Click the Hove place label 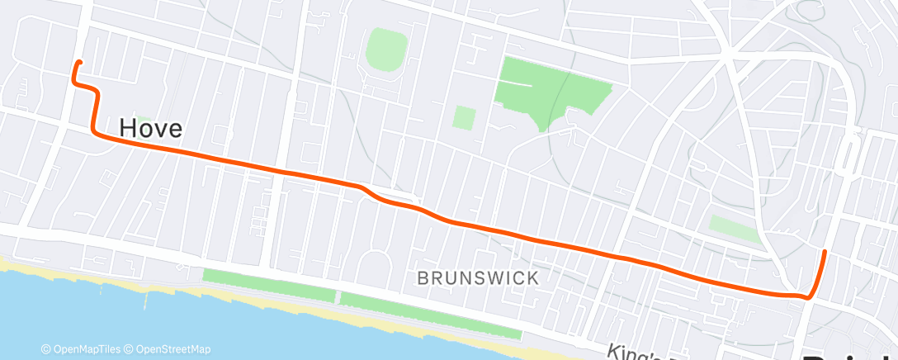[150, 128]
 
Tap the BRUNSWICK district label [478, 278]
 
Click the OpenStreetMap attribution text [168, 349]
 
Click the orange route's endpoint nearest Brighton [825, 250]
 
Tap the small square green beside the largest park [464, 117]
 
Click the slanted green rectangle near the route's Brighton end [734, 229]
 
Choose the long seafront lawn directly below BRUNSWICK [429, 313]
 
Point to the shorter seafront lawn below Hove [270, 285]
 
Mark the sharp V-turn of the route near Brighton [810, 296]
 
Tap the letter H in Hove [128, 128]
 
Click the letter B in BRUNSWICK [423, 278]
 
